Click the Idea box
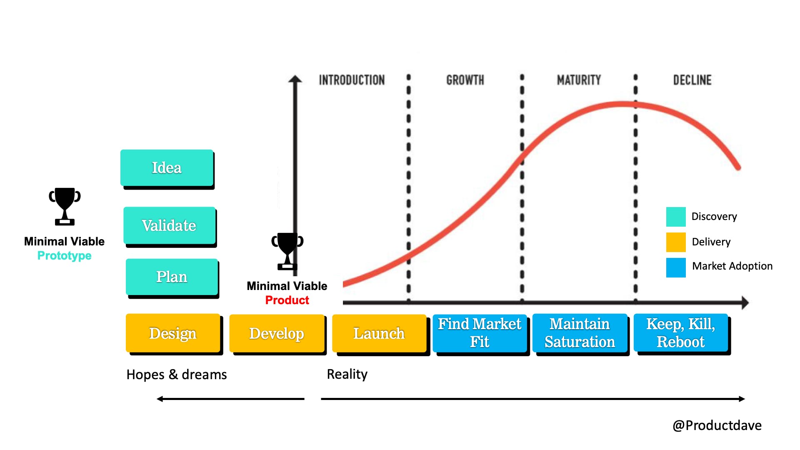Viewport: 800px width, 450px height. (167, 167)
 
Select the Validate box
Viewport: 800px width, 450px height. (169, 225)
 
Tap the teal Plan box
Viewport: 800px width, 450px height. (172, 277)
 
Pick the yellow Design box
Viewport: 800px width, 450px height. (172, 333)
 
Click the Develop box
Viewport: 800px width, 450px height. (277, 333)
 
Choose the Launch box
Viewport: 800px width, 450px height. (379, 333)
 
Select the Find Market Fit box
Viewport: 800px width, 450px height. (479, 333)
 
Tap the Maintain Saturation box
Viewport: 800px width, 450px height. (580, 333)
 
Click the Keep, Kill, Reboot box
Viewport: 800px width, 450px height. (680, 333)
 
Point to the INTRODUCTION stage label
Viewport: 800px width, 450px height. (352, 80)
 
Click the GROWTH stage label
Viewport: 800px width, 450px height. (465, 80)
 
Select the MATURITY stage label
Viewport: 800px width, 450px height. (579, 80)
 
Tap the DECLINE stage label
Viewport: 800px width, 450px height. (692, 80)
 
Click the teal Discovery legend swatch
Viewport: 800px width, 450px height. (675, 217)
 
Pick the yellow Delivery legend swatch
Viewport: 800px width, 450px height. (675, 242)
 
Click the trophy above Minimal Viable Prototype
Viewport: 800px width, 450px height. (65, 206)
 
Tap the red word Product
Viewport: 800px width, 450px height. (287, 300)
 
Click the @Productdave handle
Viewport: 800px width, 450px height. (717, 425)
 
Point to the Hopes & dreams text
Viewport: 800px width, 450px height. (177, 375)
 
